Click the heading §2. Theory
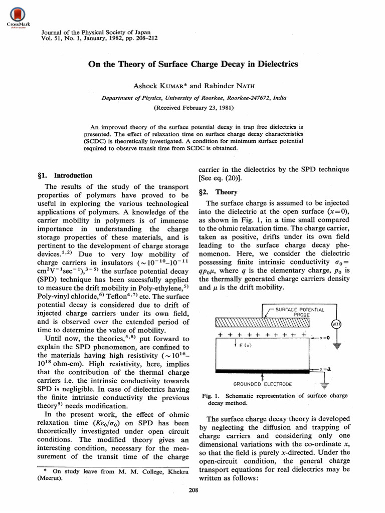coord(219,192)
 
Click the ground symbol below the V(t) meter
coord(337,346)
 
